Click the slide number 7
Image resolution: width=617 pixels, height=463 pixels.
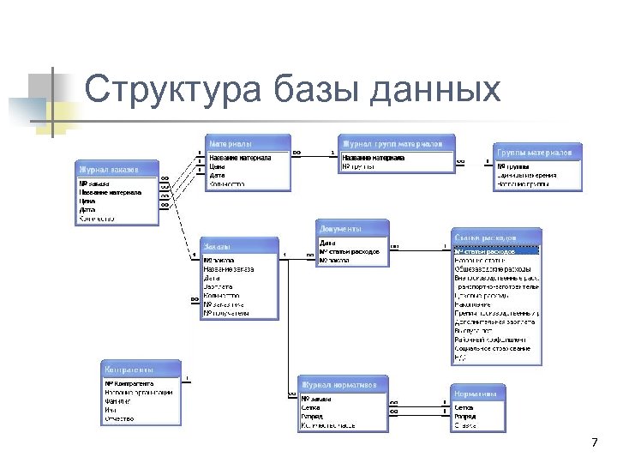(594, 442)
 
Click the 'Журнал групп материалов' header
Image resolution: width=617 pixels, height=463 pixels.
(392, 142)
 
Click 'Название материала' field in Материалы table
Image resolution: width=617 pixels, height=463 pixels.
(241, 158)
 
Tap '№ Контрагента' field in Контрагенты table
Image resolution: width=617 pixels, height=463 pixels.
(128, 383)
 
